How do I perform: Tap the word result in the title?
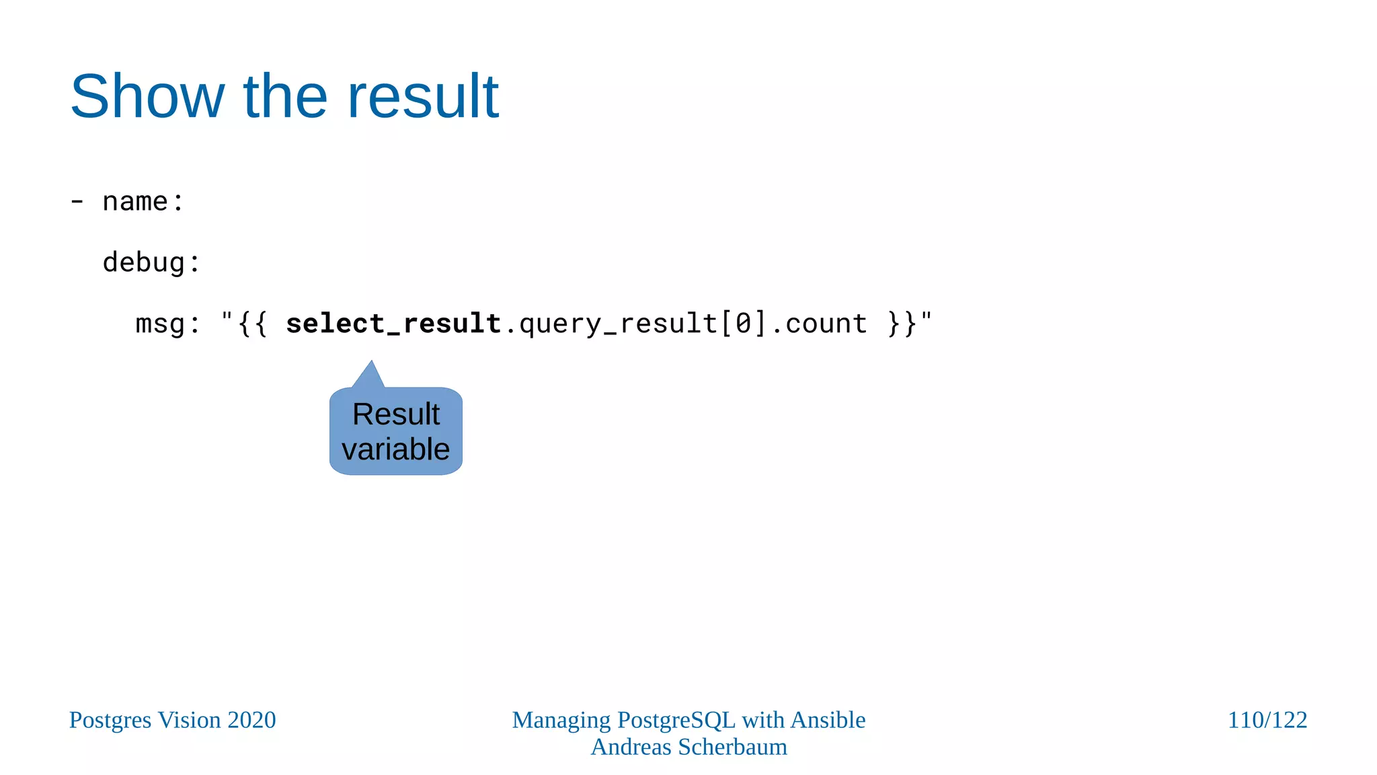422,96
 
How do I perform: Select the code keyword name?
143,201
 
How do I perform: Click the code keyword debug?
151,262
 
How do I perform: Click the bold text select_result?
393,324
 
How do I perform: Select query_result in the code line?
619,324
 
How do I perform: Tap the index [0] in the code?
743,324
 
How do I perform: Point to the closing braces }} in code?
902,324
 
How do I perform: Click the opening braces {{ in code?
253,324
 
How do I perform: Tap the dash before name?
77,201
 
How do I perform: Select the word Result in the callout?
396,414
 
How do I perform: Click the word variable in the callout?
395,449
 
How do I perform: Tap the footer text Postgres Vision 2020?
173,720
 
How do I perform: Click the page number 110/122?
1267,720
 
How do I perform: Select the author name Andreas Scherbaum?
688,747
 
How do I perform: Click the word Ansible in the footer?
828,720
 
